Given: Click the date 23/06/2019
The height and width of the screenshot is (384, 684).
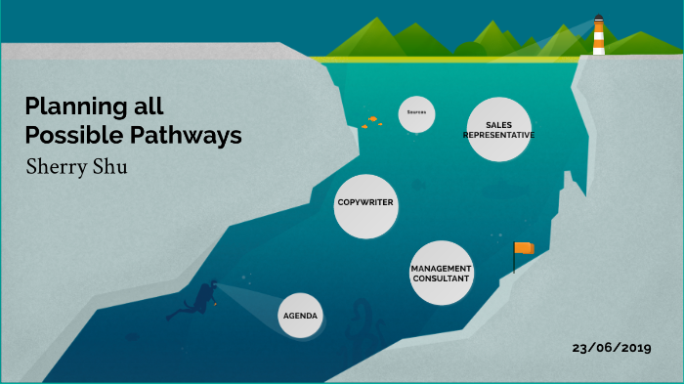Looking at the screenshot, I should tap(612, 348).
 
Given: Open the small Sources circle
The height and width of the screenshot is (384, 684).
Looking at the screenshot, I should tap(417, 113).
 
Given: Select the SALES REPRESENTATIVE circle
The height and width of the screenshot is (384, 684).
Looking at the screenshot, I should tap(498, 130).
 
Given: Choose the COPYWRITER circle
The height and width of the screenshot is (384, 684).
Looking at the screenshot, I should tap(364, 203).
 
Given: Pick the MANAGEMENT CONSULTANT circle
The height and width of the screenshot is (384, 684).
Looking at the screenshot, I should tap(441, 274).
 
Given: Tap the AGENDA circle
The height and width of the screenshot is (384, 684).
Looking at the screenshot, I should tap(300, 317).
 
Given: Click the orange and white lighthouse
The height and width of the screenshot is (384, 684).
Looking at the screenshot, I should tap(598, 36).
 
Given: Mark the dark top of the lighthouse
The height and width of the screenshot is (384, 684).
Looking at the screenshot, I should tap(598, 18).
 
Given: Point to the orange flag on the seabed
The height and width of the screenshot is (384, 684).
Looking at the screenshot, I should tap(525, 248).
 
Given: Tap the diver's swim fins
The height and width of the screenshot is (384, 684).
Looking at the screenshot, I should tap(175, 315).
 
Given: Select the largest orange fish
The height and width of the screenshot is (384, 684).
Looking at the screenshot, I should tap(372, 119).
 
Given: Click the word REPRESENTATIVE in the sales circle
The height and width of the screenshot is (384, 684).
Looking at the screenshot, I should tap(498, 135).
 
